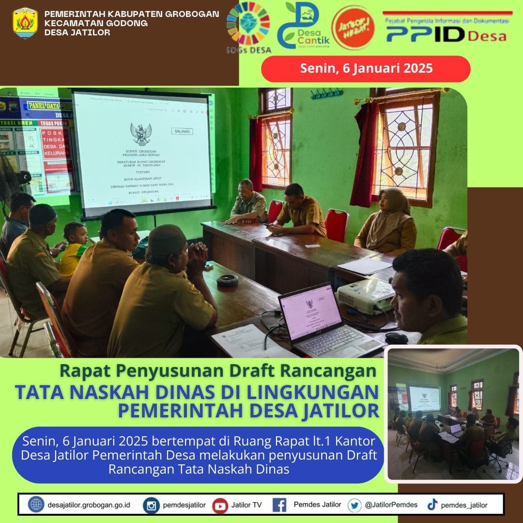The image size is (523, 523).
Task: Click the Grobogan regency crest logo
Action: [25, 23]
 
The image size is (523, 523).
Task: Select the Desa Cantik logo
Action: [303, 25]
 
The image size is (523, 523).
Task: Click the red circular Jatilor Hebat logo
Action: [353, 27]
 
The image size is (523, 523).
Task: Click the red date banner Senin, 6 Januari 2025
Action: [366, 68]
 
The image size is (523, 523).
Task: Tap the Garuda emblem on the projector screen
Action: [140, 133]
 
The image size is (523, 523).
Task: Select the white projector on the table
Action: [366, 295]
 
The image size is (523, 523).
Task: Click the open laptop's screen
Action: [310, 309]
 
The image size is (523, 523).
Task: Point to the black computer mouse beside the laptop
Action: [397, 338]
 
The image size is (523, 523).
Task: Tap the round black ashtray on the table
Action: [228, 280]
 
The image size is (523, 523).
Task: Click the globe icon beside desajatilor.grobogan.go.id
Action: [36, 505]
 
